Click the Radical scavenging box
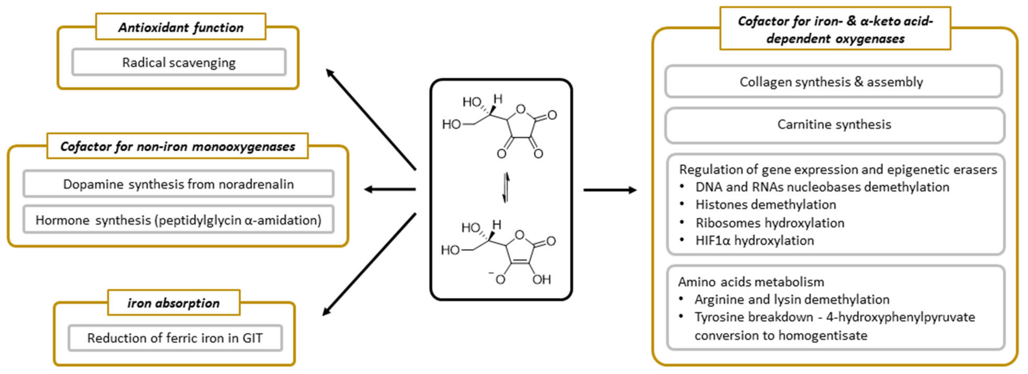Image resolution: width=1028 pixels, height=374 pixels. tap(179, 62)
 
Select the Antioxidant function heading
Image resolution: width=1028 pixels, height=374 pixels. tap(181, 27)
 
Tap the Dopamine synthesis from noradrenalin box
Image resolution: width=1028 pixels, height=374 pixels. tap(178, 184)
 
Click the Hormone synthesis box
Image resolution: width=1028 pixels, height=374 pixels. tap(178, 220)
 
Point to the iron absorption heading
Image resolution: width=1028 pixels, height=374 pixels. tap(174, 303)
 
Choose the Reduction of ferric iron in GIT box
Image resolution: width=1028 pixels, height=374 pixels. tap(175, 338)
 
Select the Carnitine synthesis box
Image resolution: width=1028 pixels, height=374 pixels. tap(834, 124)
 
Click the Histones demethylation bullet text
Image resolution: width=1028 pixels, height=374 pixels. tap(765, 204)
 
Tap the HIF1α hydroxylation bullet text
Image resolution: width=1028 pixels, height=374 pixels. tap(754, 240)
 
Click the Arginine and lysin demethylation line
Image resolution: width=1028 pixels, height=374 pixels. tap(792, 299)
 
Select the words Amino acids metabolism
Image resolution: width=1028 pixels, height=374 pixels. tap(751, 282)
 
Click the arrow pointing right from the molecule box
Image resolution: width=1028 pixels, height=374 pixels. tap(610, 190)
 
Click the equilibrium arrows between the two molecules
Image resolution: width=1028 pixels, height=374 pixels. tap(506, 188)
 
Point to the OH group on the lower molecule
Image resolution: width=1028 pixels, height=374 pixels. tap(541, 279)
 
